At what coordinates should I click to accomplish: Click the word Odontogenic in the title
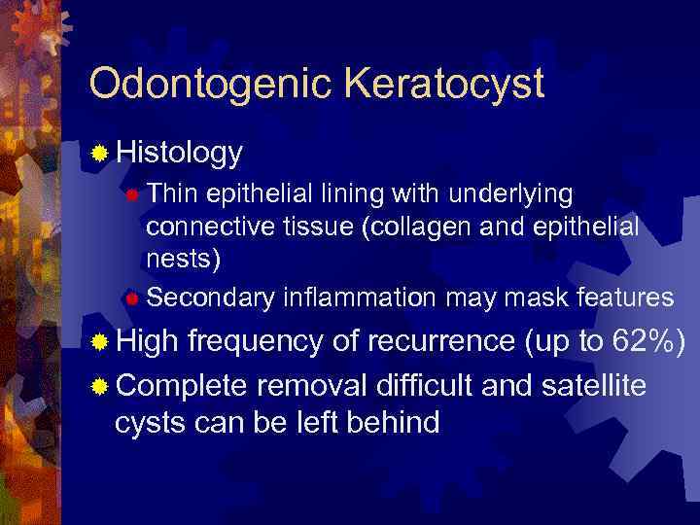pos(193,85)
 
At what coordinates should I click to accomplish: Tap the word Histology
pos(179,153)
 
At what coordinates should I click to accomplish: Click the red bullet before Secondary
pos(132,297)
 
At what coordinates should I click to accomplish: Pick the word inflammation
pos(359,297)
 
